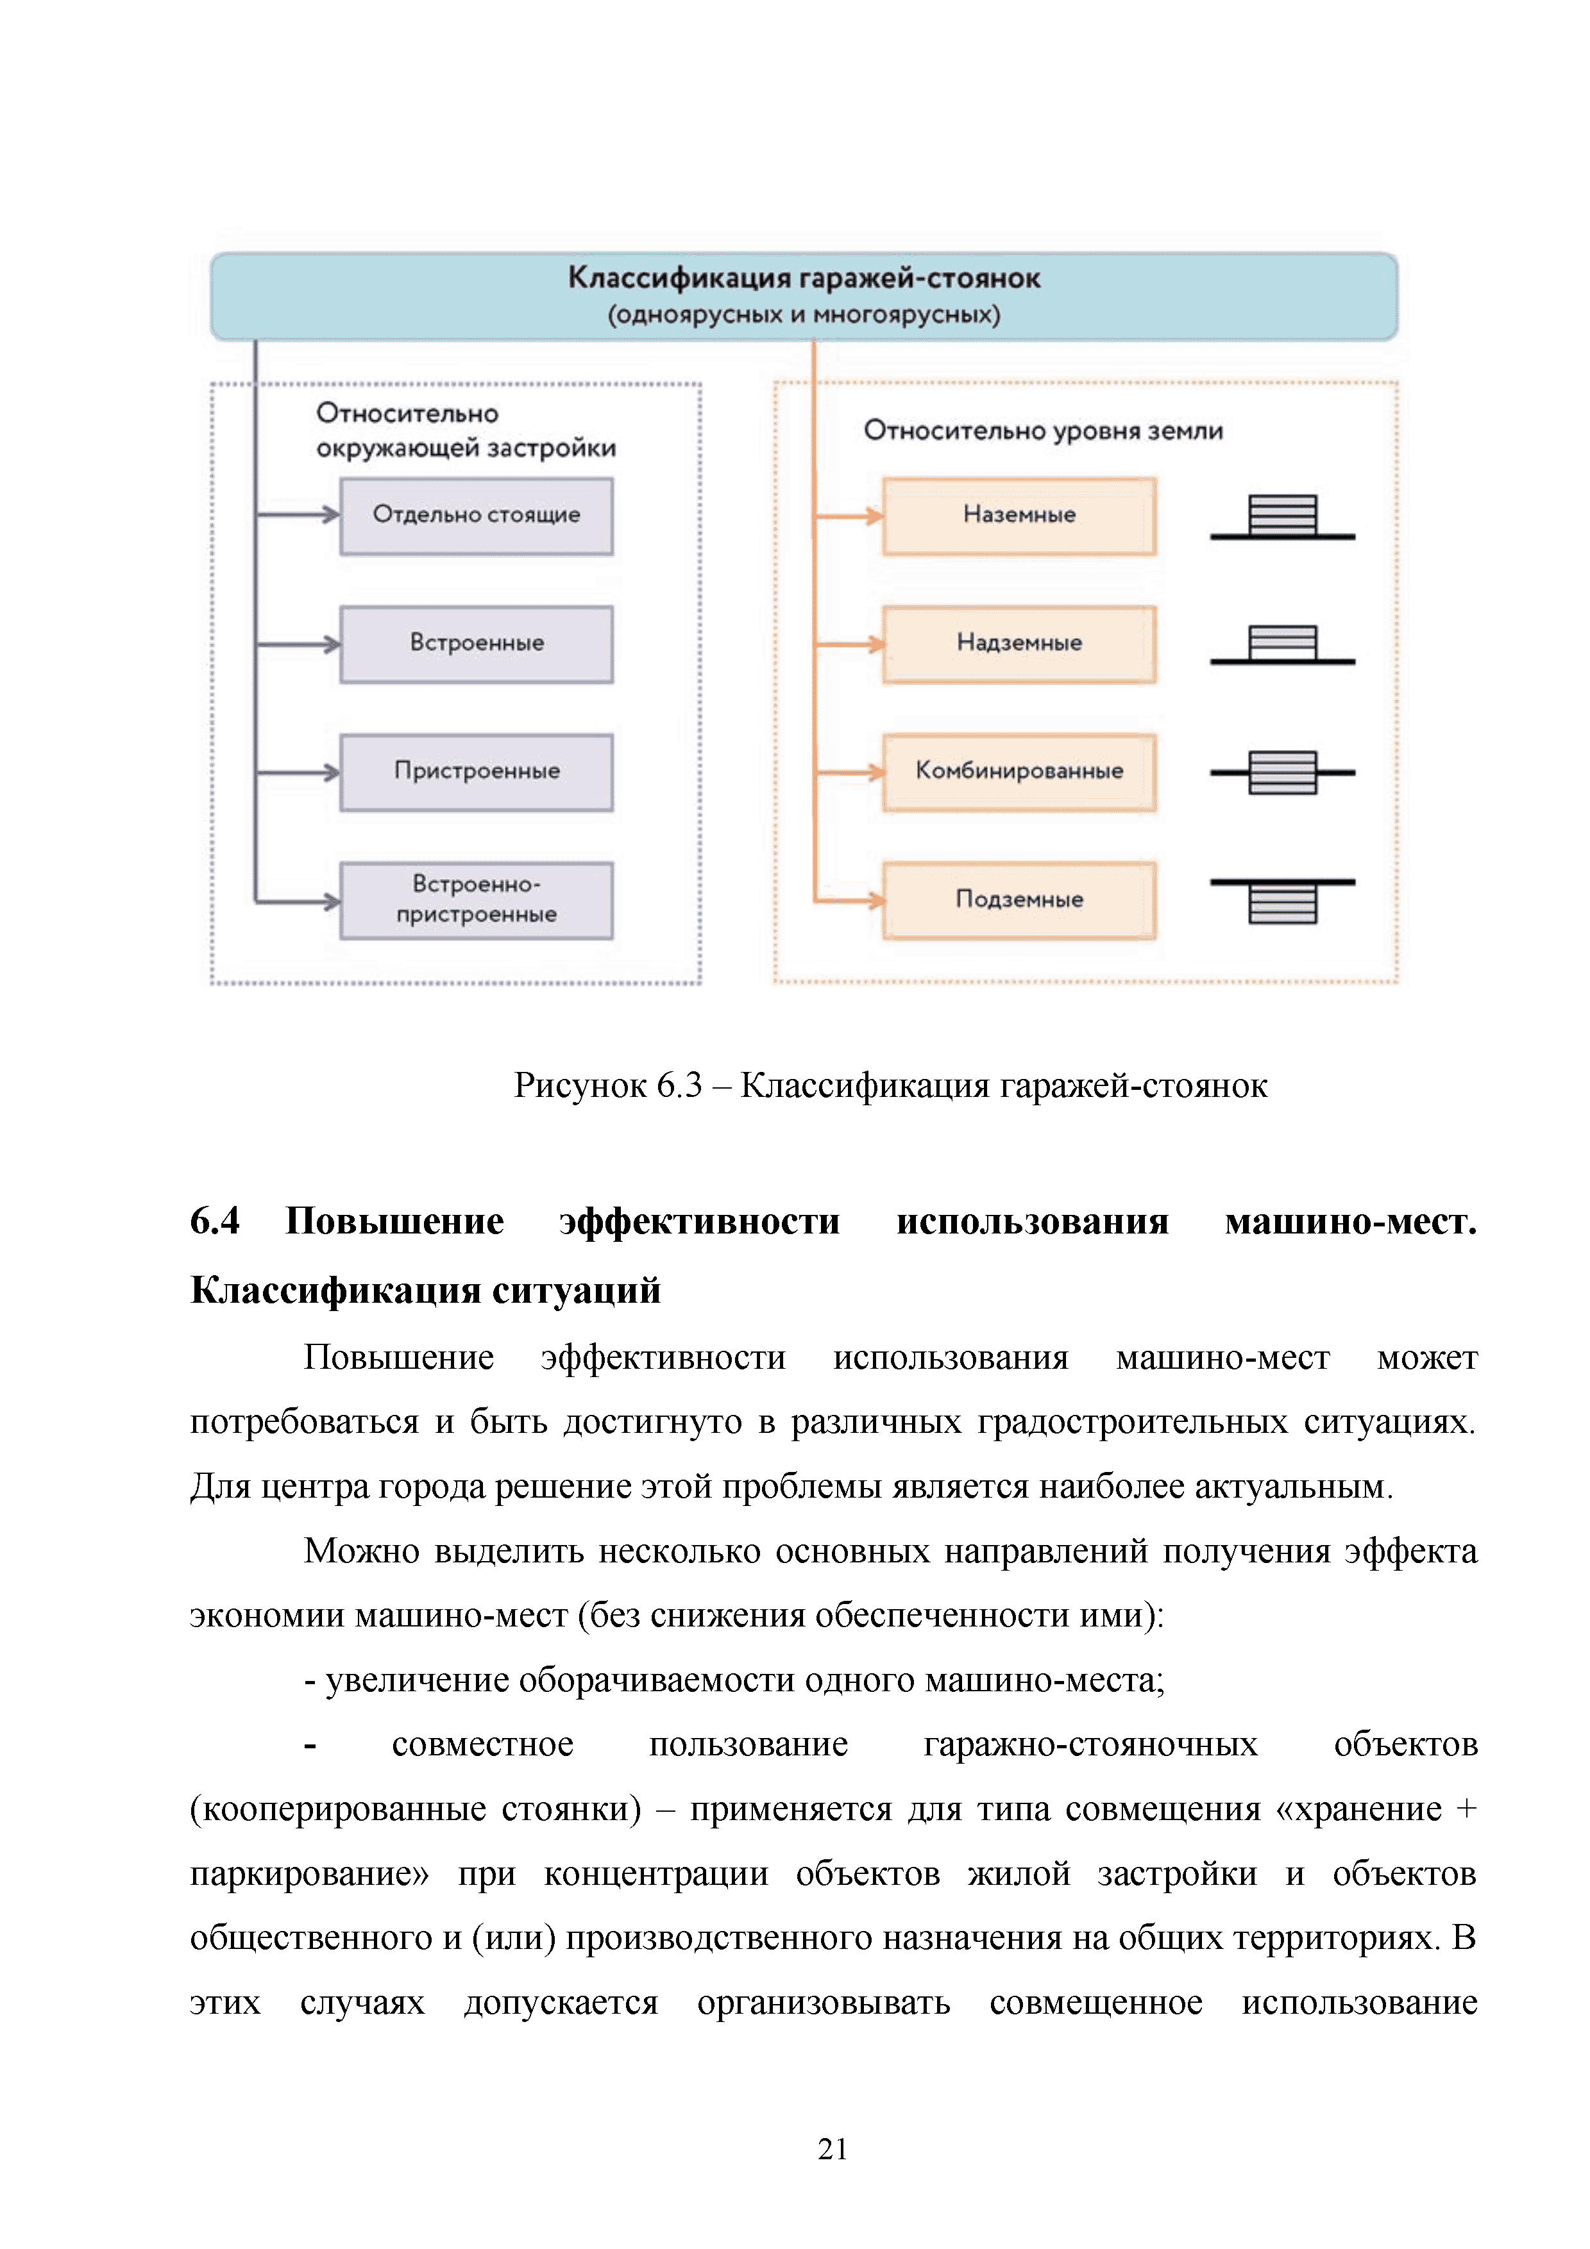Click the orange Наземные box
(x=1019, y=515)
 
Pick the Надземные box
(x=1019, y=644)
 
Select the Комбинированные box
(x=1019, y=772)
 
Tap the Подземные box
(x=1019, y=900)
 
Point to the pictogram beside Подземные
(x=1282, y=900)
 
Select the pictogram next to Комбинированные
(x=1282, y=773)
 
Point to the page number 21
(x=832, y=2148)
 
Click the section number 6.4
(x=215, y=1221)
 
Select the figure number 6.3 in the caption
(x=679, y=1085)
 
